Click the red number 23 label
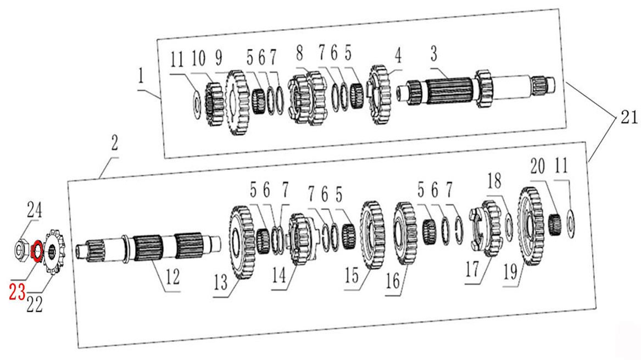tap(17, 292)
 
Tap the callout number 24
tap(35, 211)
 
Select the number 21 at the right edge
tap(628, 118)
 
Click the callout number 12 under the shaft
tap(173, 277)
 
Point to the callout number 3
tap(434, 53)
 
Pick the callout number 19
tap(510, 272)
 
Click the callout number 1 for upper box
tap(142, 76)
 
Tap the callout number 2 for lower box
tap(114, 143)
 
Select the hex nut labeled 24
tap(20, 249)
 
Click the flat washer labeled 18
tap(509, 226)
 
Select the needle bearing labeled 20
tap(555, 225)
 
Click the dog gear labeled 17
tap(487, 228)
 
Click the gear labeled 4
tap(378, 95)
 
